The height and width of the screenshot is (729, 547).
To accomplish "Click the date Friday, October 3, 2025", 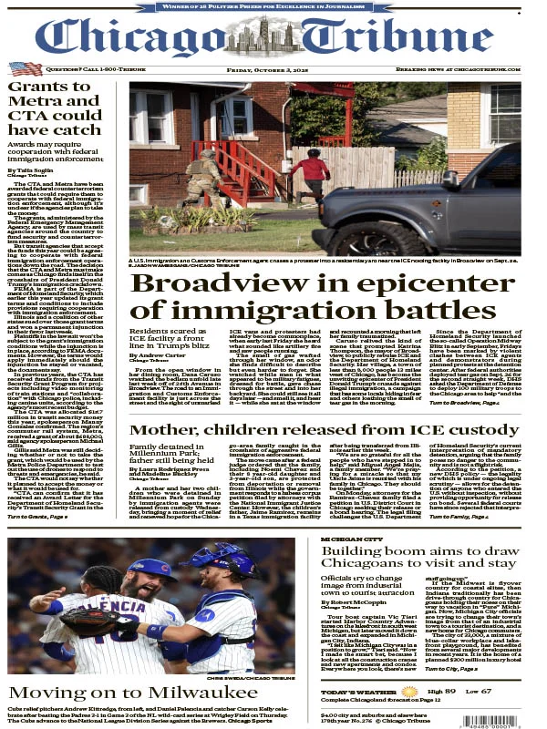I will point(273,68).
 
